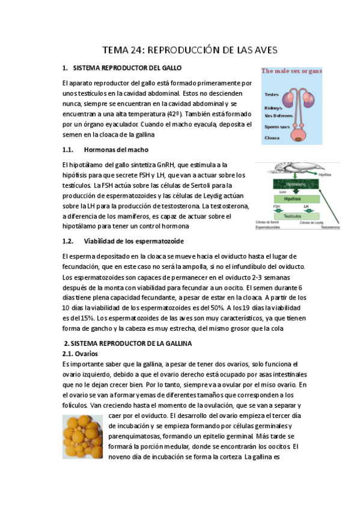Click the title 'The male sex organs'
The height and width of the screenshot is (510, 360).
(292, 71)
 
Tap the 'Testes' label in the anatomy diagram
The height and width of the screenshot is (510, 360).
(271, 94)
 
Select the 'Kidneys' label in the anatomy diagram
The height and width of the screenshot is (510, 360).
(273, 108)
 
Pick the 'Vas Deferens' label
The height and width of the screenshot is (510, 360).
(278, 115)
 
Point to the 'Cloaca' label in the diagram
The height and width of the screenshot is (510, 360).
(272, 138)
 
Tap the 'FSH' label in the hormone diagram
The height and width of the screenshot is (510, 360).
(276, 206)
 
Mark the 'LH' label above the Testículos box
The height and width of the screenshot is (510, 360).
(306, 206)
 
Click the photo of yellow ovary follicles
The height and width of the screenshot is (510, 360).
(83, 437)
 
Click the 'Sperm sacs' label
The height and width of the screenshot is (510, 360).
(277, 127)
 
